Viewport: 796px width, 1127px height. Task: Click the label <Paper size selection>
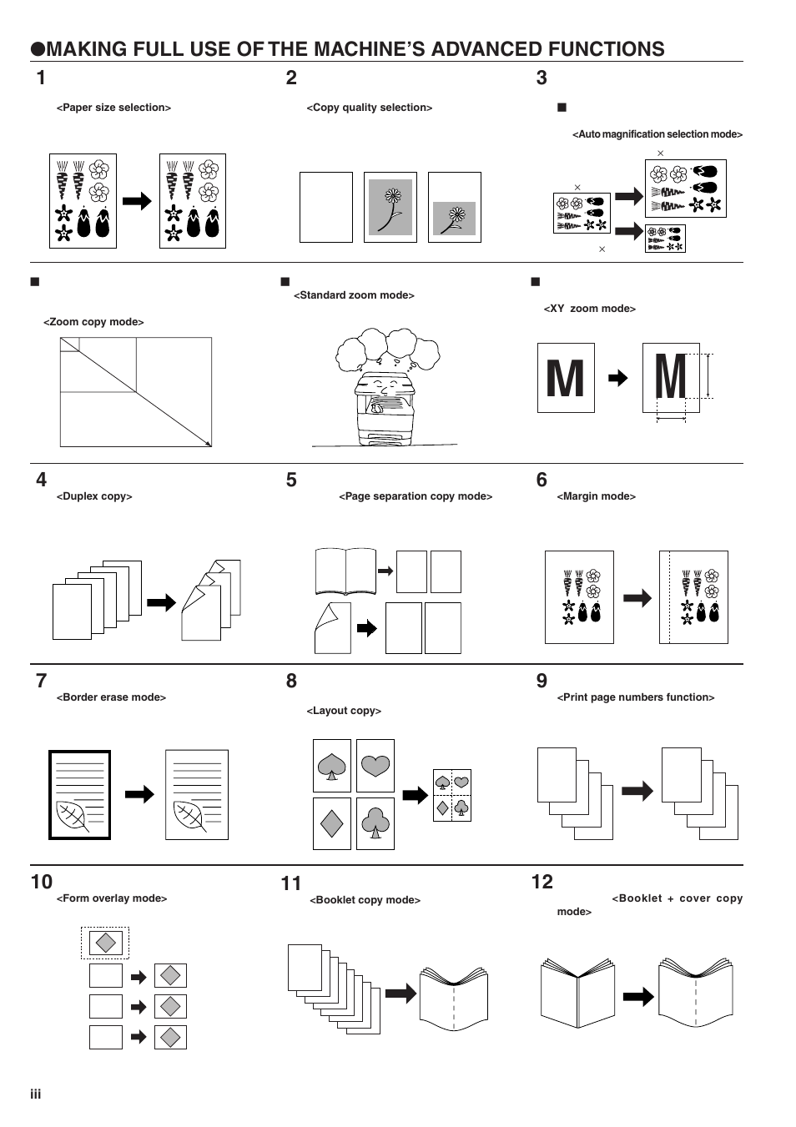tap(113, 108)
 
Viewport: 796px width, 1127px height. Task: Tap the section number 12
tap(542, 882)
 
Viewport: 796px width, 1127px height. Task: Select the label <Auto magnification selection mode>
tap(657, 134)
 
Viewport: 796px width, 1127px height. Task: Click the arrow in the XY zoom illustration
tap(617, 379)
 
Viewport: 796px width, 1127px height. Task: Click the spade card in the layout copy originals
tap(331, 766)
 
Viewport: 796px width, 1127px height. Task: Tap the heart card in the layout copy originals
tap(375, 766)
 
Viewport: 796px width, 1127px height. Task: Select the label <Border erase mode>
tap(111, 697)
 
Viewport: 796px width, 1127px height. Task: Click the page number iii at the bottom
tap(36, 1094)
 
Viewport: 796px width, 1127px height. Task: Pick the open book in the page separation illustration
tap(345, 571)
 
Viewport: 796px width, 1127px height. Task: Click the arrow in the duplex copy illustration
tap(161, 602)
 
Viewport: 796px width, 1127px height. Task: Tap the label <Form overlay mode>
tap(112, 898)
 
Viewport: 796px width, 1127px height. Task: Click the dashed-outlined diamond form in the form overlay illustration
tap(105, 943)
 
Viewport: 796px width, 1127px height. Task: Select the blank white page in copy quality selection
tap(325, 207)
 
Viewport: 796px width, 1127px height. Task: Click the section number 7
tap(42, 681)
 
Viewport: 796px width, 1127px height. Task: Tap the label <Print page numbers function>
tap(635, 697)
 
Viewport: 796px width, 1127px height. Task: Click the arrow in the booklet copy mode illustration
tap(401, 993)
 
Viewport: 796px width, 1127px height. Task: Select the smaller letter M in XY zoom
tap(565, 379)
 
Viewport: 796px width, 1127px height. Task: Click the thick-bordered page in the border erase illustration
tap(79, 794)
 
